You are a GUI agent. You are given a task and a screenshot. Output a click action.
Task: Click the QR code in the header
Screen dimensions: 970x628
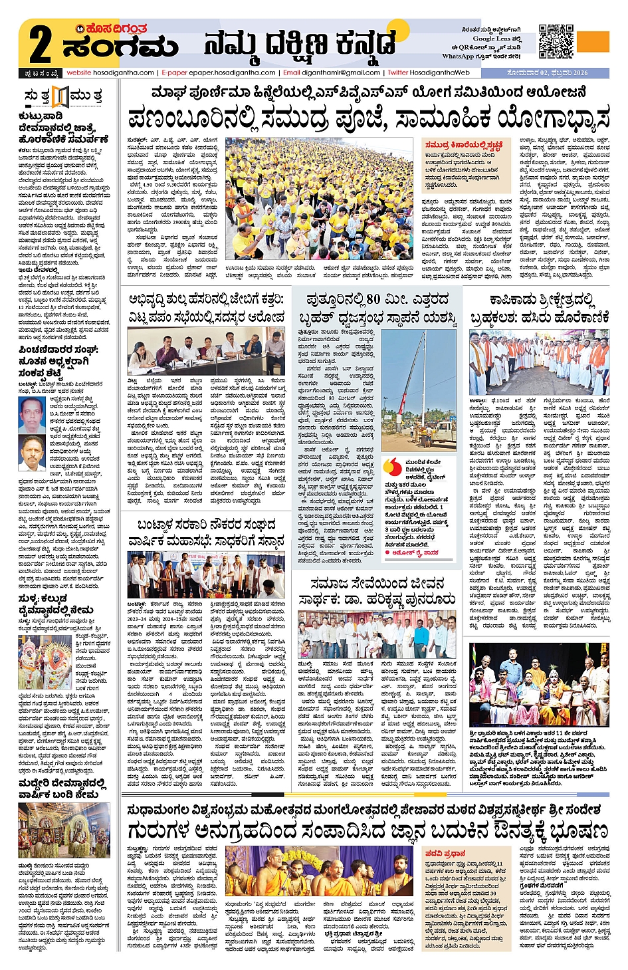pos(556,41)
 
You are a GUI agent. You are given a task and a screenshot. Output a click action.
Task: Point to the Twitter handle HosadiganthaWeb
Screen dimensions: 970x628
pos(439,72)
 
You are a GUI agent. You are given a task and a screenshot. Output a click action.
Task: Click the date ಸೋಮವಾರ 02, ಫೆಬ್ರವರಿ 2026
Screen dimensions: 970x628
pos(548,72)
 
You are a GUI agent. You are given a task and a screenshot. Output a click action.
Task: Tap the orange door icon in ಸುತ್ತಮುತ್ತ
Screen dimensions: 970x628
pos(60,96)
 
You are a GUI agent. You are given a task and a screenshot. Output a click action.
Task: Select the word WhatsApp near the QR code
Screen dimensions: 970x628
pos(458,57)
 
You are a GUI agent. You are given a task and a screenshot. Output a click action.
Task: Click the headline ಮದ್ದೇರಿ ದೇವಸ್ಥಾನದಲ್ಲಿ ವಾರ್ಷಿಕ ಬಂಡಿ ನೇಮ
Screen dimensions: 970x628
pos(62,788)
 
